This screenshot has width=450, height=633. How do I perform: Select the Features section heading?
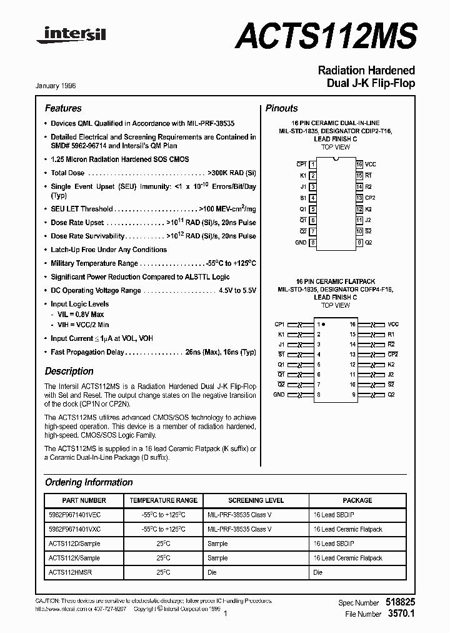[x=63, y=108]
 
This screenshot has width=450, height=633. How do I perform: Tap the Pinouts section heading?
[x=281, y=108]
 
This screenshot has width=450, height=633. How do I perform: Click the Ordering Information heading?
[x=89, y=482]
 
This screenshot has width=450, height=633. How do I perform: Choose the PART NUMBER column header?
[x=84, y=500]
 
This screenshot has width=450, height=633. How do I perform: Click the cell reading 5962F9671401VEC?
[x=74, y=515]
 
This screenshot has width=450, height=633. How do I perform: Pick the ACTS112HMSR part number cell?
[x=69, y=572]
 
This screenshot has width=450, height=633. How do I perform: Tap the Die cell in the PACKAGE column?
[x=317, y=572]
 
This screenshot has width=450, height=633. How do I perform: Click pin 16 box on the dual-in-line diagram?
[x=359, y=164]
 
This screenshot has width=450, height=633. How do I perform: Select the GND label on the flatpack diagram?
[x=279, y=395]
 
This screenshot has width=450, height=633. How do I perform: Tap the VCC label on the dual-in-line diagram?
[x=371, y=164]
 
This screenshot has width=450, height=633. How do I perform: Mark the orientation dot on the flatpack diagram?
[x=325, y=325]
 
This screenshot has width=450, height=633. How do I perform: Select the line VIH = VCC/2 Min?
[x=79, y=325]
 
